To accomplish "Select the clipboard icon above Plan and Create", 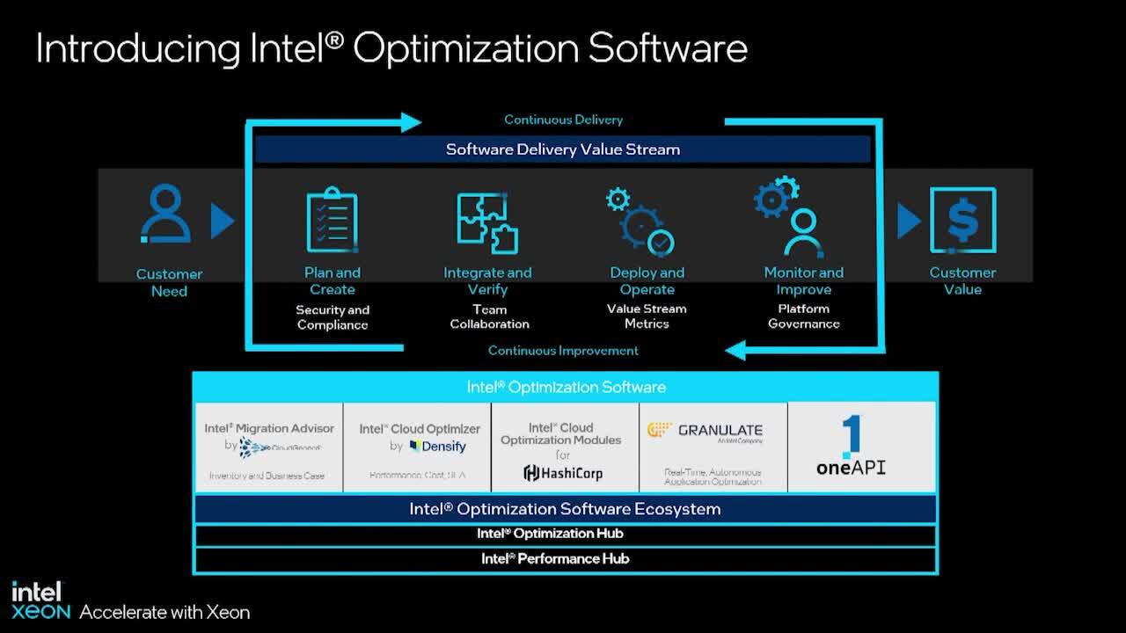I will (332, 220).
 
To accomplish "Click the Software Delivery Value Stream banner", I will (563, 149).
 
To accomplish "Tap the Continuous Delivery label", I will (563, 120).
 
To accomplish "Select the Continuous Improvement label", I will (563, 351).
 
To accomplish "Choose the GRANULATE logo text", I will (720, 431).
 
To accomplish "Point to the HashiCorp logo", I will (563, 473).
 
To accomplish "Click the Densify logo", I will (438, 447).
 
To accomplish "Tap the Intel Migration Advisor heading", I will (269, 428).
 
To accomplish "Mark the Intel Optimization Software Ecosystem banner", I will (565, 509).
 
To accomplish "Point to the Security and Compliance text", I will (333, 317).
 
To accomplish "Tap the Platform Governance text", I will (803, 316).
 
